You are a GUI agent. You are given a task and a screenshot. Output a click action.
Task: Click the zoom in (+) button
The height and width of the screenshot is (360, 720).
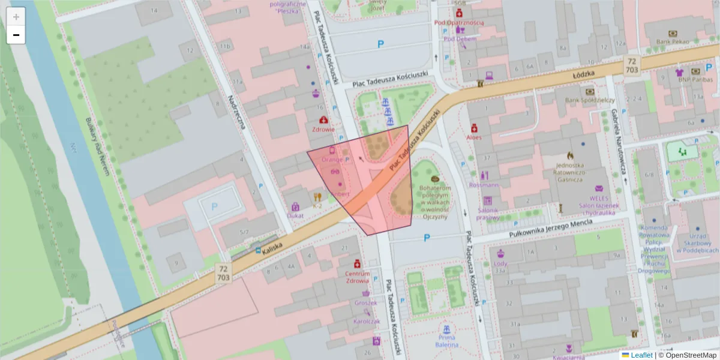[x=16, y=17]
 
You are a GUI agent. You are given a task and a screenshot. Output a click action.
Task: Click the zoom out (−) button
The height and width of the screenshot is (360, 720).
[x=16, y=35]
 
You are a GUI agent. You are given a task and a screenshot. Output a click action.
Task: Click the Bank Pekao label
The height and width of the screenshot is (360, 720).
[x=671, y=41]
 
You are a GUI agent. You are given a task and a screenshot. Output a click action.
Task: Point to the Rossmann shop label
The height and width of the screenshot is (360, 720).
[x=484, y=185]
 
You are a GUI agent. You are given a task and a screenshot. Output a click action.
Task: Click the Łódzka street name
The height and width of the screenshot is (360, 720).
[x=583, y=74]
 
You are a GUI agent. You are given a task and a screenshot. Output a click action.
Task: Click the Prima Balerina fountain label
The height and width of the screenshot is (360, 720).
[x=446, y=341]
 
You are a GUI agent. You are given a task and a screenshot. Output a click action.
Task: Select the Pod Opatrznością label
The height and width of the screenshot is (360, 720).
[x=459, y=23]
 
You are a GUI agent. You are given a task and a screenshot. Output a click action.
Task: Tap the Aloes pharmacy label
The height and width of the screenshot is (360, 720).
[x=474, y=137]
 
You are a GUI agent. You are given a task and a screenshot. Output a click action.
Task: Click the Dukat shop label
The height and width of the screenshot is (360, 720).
[x=295, y=215]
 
